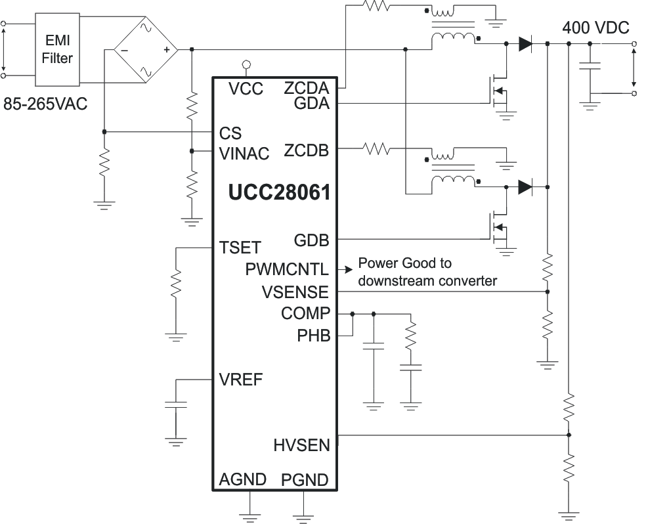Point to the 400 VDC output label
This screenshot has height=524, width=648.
click(595, 28)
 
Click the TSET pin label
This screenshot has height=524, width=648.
click(240, 248)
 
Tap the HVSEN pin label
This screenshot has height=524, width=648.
click(301, 445)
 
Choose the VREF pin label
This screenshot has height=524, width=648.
click(242, 380)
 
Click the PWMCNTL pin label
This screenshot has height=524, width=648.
click(287, 269)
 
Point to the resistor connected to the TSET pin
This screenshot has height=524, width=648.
click(176, 286)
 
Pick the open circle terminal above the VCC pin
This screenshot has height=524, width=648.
click(246, 64)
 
